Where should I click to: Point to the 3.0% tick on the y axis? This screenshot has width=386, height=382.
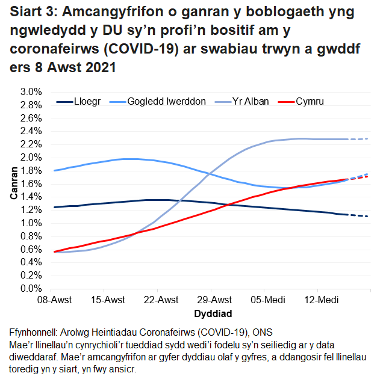[30, 92]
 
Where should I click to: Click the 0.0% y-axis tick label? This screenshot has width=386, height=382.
[30, 289]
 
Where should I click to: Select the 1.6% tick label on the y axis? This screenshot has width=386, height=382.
[30, 184]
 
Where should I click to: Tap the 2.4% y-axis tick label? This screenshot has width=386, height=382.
[30, 131]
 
